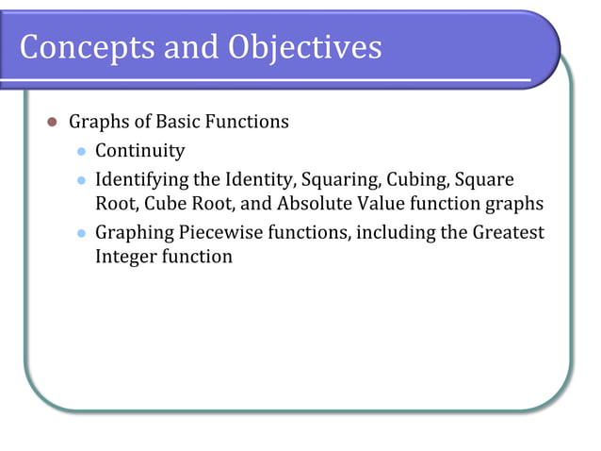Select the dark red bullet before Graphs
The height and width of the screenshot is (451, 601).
click(53, 123)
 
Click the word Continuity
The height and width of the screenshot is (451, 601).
click(140, 151)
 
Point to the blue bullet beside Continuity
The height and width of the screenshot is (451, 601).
click(81, 151)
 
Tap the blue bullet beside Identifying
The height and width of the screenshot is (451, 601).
click(81, 179)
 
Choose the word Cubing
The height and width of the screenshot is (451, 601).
click(420, 179)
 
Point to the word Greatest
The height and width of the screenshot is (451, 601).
click(505, 232)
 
